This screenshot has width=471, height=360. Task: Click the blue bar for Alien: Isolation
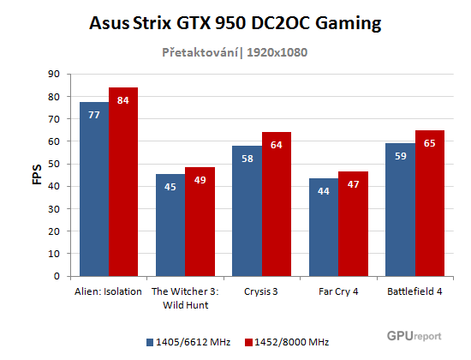tap(94, 189)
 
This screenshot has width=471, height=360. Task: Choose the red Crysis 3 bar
tap(276, 204)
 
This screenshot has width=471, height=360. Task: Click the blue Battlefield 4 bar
tap(400, 210)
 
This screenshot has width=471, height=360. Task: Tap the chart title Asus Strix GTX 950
tap(235, 23)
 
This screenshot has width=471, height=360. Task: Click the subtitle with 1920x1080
tap(235, 52)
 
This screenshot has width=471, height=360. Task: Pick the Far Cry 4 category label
tap(338, 291)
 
